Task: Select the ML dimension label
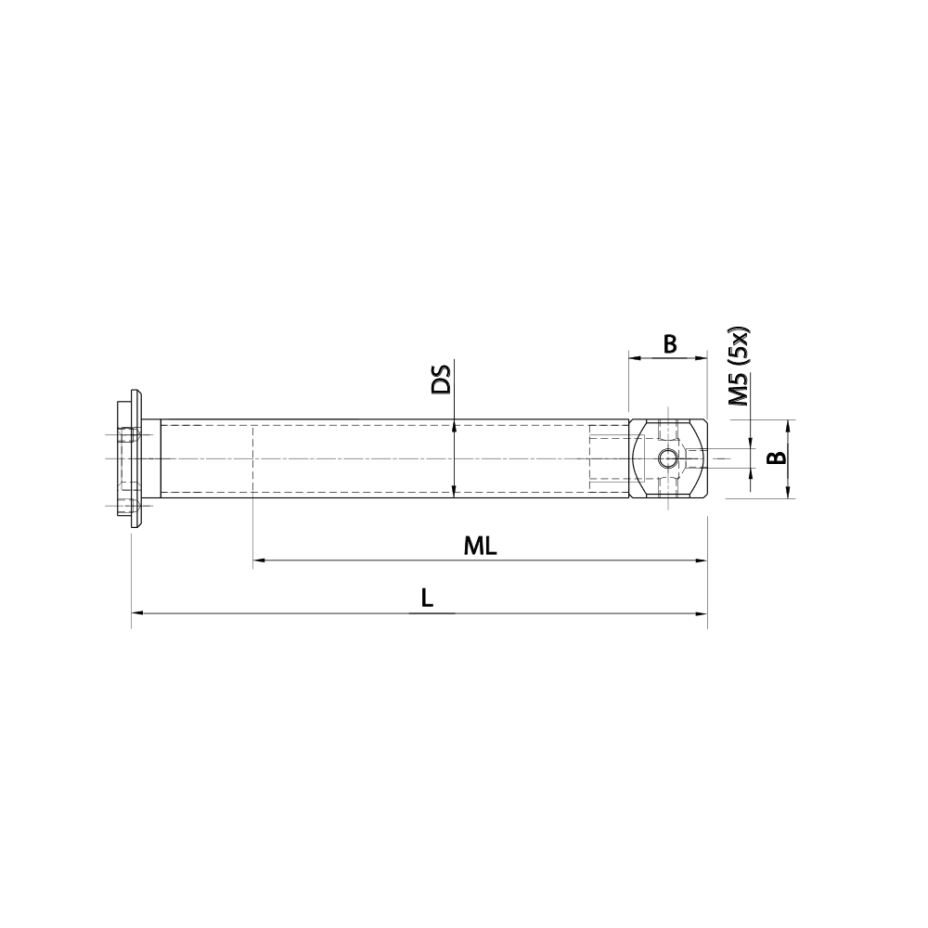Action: point(481,547)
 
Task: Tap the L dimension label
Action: point(426,599)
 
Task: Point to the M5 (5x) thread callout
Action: point(739,367)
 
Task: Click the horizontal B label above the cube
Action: point(669,344)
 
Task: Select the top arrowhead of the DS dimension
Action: point(454,426)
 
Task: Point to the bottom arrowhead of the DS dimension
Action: point(454,492)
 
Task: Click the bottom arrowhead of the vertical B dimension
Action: point(788,493)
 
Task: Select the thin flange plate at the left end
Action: point(137,458)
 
